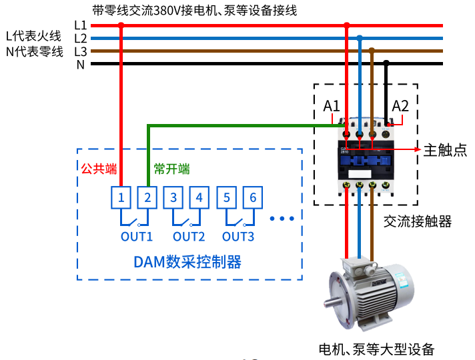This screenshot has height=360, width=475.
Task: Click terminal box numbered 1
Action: pos(121,197)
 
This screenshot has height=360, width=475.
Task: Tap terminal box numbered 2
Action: pos(147,197)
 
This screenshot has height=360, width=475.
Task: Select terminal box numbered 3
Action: pos(173,197)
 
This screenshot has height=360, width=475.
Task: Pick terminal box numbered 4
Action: pos(199,197)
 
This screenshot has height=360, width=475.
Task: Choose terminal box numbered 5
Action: pos(227,197)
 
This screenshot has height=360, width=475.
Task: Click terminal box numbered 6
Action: pos(253,197)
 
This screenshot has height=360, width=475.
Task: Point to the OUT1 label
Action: pos(137,236)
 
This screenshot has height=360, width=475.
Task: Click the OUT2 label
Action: pos(189,236)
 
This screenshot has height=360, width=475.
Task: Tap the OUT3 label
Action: pos(238,236)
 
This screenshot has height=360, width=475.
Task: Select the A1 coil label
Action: pos(332,105)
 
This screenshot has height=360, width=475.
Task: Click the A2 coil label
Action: pos(400,105)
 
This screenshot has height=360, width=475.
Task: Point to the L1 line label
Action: pos(81,25)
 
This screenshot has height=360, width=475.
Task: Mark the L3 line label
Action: pos(81,51)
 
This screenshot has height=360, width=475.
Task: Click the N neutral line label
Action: pos(81,65)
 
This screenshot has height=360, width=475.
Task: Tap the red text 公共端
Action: pos(95,169)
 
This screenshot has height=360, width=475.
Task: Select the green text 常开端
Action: pos(171,169)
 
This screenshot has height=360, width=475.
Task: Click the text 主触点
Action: pos(445,150)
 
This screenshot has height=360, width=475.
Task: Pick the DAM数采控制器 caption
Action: pos(187,261)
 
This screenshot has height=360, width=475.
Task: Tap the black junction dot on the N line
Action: pos(386,64)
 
